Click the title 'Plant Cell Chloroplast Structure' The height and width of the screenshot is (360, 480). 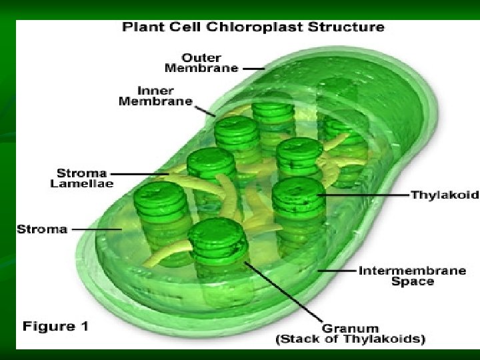pos(253,27)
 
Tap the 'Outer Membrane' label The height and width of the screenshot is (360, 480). pos(201,62)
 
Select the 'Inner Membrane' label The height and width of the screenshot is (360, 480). pos(155,96)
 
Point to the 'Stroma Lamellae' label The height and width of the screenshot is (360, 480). pos(82,178)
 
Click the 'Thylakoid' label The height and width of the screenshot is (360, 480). pos(445,195)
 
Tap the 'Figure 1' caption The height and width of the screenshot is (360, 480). pos(55,327)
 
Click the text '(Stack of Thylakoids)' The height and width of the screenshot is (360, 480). pos(349,339)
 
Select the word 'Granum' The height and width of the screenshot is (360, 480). pos(350,328)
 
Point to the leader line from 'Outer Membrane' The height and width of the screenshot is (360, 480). pos(253,67)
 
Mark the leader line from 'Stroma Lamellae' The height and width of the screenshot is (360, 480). pos(143,174)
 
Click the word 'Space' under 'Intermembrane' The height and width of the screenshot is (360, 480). pos(412,282)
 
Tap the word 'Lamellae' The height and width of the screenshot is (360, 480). pos(82,183)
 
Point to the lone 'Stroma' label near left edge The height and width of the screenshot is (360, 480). pos(42,229)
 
